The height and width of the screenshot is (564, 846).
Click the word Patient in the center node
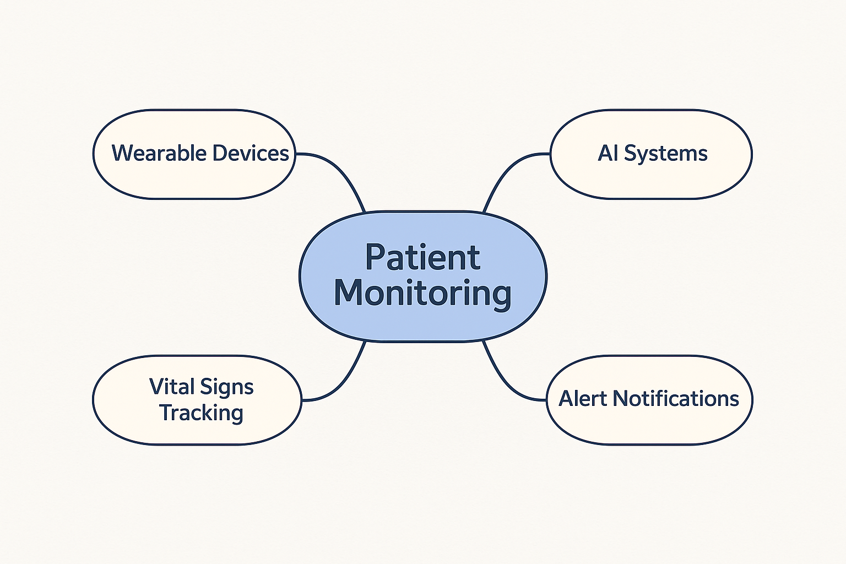click(x=422, y=257)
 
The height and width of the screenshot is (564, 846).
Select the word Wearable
click(x=159, y=153)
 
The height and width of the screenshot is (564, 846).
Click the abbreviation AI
click(x=608, y=153)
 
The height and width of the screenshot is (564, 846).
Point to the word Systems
click(x=665, y=154)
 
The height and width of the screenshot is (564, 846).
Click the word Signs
click(x=227, y=388)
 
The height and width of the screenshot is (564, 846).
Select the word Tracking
click(x=201, y=413)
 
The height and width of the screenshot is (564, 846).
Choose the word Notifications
click(x=676, y=399)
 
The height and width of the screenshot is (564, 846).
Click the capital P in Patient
click(x=375, y=257)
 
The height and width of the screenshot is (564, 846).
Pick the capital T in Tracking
click(x=166, y=412)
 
